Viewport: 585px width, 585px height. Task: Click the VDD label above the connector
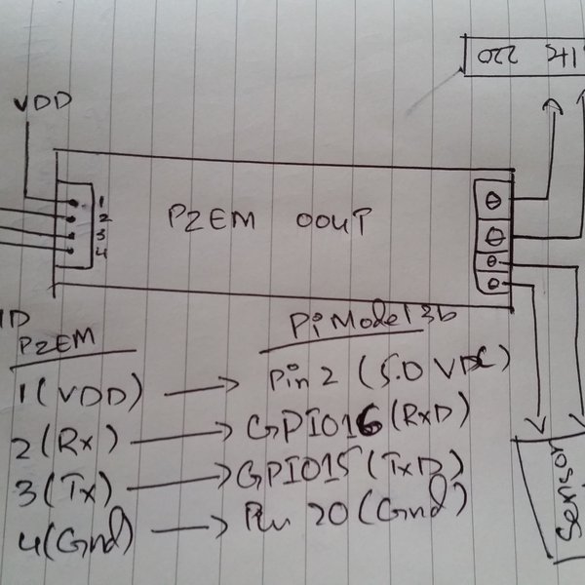(40, 101)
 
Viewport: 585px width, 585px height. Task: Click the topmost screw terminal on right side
(494, 198)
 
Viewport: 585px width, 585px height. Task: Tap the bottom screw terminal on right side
(494, 284)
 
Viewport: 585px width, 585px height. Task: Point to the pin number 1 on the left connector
(101, 200)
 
